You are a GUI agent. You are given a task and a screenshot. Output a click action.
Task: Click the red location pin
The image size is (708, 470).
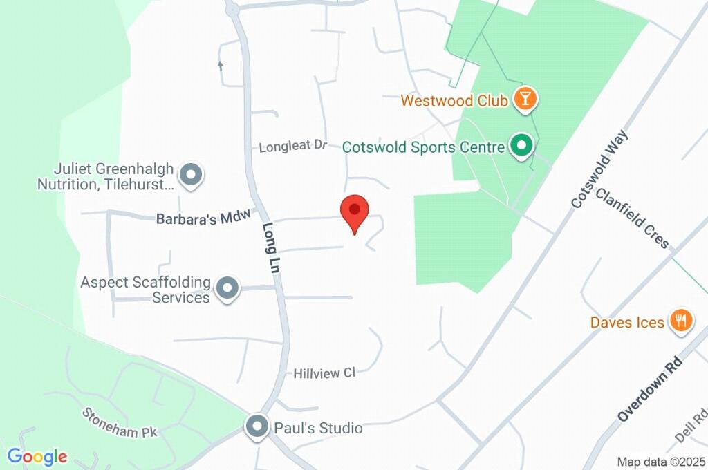click(355, 211)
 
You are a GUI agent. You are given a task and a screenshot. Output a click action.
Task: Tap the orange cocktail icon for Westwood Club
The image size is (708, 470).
click(525, 100)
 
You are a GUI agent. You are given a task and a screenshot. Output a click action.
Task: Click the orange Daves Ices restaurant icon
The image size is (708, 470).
click(681, 321)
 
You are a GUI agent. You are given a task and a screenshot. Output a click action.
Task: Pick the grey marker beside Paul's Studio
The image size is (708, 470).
click(258, 426)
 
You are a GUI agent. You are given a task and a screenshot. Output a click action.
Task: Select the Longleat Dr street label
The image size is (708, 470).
click(292, 147)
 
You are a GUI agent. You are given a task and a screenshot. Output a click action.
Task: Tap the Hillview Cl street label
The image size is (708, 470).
click(324, 373)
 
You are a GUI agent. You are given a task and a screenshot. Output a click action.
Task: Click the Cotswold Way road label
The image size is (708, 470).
click(599, 169)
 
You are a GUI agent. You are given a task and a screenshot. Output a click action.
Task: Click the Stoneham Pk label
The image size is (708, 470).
click(120, 422)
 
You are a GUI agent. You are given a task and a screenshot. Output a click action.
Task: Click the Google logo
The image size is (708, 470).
click(37, 456)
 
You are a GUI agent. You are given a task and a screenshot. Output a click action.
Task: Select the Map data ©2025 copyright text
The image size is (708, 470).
click(662, 462)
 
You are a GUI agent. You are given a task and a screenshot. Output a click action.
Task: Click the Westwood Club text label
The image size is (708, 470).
click(454, 101)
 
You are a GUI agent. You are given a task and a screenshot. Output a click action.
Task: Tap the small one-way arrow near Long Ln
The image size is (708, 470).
click(221, 66)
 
